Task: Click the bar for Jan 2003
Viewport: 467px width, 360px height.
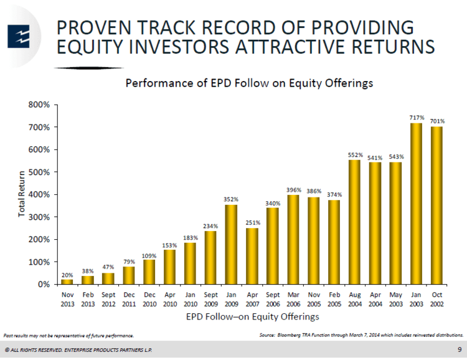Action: tap(416, 204)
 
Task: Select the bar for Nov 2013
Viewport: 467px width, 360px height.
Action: tap(67, 282)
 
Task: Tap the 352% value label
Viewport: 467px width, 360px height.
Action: tap(231, 199)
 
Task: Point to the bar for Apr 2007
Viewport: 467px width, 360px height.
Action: tap(252, 256)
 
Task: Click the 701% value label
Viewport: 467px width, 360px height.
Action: tap(437, 121)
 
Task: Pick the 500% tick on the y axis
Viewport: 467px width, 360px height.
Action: tap(39, 173)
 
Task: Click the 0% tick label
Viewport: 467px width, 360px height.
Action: tap(44, 284)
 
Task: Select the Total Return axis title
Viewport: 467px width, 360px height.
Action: tap(21, 194)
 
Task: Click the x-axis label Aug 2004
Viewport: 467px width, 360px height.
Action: tap(355, 299)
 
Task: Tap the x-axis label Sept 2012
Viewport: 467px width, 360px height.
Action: tap(108, 299)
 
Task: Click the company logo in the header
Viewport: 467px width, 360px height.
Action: tap(19, 37)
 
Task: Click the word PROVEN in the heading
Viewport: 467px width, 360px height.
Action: tap(94, 27)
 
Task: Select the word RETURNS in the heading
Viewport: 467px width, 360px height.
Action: tap(393, 47)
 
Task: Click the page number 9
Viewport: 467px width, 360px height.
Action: tap(460, 349)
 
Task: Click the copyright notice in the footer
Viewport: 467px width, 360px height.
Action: tap(78, 350)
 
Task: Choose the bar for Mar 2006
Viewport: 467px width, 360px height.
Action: tap(293, 240)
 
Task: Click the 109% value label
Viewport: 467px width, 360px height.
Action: tap(149, 256)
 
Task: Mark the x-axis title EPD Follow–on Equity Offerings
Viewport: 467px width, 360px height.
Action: tap(253, 316)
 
